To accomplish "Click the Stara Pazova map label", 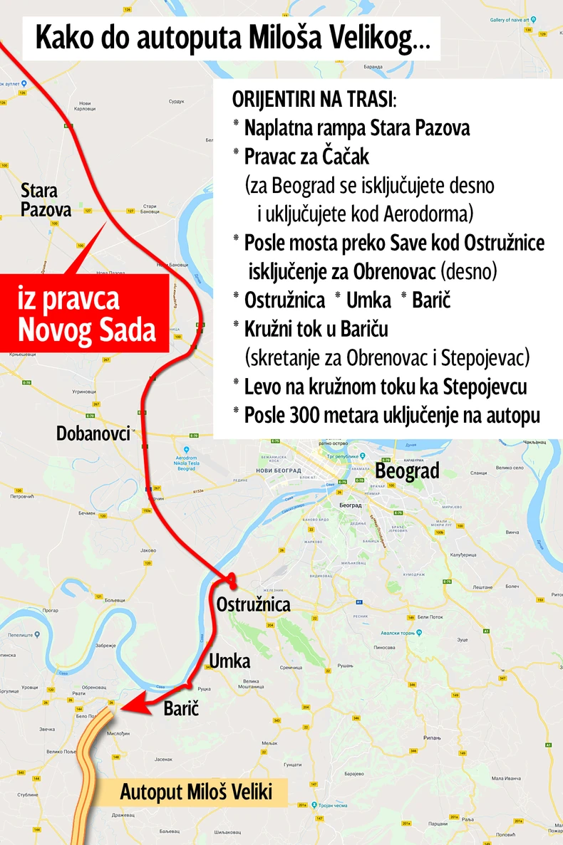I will coord(46,200).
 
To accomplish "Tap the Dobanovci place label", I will coord(93,433).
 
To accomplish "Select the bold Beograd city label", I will coord(407,471).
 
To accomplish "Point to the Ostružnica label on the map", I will coord(253,604).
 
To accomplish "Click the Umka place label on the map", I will coord(229,661).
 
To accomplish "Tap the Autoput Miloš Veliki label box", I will coord(196,792).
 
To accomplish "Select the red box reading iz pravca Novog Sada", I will coord(88,314).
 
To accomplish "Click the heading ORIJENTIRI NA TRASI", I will coord(314,99).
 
